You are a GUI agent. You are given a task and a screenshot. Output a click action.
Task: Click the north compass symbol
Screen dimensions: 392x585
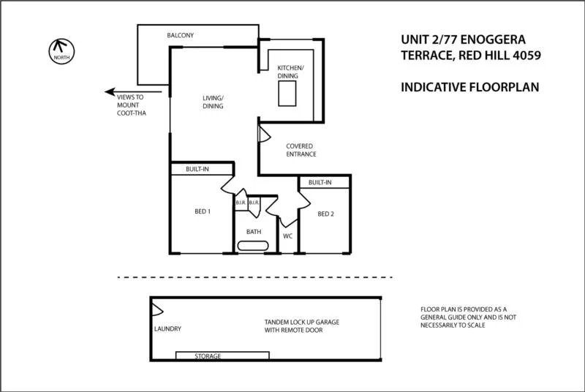pos(58,50)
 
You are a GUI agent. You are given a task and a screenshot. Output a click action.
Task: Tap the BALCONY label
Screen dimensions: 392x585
pos(180,35)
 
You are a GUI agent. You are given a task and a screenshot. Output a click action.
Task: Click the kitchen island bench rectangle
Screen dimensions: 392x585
pos(287,94)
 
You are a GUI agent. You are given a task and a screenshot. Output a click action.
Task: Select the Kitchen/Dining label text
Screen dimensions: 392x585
pos(290,72)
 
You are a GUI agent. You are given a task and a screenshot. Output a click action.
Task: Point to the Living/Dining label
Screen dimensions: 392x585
pos(213,102)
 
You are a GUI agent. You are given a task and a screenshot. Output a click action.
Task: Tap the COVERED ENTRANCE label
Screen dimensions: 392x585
pos(301,150)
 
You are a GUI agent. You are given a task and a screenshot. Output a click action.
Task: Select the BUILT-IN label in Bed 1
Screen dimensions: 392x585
pos(197,170)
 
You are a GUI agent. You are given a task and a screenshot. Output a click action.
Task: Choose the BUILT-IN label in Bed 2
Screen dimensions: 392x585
pos(320,182)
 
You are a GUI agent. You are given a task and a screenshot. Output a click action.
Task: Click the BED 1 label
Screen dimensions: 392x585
pos(203,212)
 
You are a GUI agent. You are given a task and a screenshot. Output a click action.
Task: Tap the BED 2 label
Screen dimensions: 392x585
pos(325,214)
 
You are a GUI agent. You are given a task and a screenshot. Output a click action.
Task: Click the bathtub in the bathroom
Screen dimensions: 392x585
pos(253,247)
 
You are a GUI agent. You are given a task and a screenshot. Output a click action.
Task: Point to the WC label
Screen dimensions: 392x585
pos(287,236)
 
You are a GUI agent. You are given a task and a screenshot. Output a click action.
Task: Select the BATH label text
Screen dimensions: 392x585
pos(253,231)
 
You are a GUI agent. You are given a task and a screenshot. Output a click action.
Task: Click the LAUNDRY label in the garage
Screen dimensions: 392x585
pos(167,328)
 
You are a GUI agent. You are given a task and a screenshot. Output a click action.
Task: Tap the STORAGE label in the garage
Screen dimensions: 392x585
pos(207,356)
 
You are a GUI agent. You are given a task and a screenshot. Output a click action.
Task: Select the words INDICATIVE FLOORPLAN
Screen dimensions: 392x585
pos(469,87)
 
